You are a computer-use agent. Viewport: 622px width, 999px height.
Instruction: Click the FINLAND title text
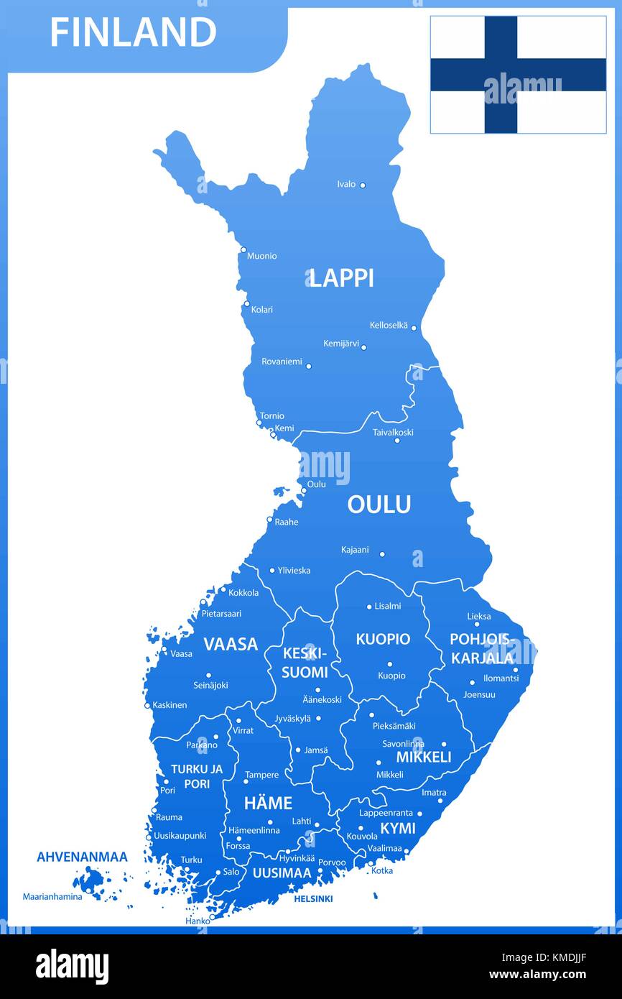click(x=133, y=32)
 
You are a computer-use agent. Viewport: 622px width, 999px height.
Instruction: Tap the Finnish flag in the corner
click(x=518, y=75)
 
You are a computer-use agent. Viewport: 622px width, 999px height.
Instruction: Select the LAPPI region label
click(x=342, y=278)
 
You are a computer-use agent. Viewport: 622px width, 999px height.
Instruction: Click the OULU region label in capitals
click(x=379, y=505)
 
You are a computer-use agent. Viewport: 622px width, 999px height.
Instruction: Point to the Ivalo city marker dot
click(x=362, y=185)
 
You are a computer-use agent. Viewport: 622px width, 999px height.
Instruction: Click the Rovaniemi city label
click(x=282, y=362)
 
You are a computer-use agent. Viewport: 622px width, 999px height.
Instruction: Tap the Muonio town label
click(x=261, y=256)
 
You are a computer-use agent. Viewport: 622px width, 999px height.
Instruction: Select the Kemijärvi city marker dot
click(x=363, y=347)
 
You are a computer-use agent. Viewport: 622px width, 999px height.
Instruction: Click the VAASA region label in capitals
click(x=230, y=644)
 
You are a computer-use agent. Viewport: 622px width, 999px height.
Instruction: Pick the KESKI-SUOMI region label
click(x=305, y=663)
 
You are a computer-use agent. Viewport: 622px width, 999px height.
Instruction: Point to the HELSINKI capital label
click(x=313, y=898)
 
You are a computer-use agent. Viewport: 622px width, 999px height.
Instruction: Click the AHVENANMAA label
click(x=82, y=857)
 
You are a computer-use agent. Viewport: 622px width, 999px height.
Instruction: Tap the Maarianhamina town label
click(x=52, y=896)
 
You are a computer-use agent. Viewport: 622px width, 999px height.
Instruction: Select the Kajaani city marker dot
click(x=382, y=554)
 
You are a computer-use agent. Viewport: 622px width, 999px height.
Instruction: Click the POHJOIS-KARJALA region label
click(x=481, y=648)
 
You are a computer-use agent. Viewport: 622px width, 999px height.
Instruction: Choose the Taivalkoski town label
click(x=393, y=433)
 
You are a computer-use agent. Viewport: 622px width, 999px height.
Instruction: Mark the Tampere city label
click(x=261, y=775)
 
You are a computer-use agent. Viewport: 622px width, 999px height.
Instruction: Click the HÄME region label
click(x=268, y=803)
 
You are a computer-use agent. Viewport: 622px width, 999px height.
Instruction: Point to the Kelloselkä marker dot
click(x=414, y=328)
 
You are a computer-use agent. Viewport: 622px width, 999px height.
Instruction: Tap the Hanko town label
click(x=198, y=921)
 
